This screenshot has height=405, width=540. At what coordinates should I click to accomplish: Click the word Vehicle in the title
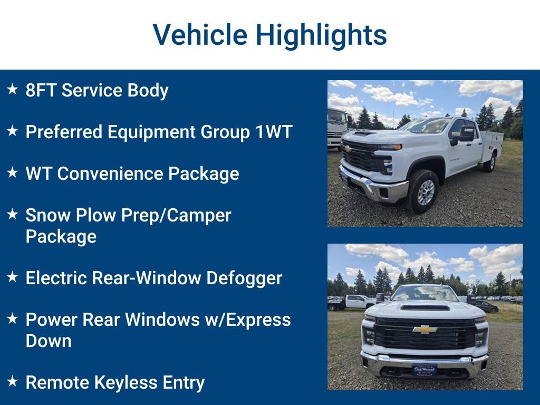200,35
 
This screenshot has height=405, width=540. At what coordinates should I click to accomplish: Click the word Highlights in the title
321,35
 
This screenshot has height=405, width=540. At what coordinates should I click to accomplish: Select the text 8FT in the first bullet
41,90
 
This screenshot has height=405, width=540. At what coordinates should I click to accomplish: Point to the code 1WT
274,132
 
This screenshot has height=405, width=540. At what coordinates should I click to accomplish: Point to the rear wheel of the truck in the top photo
490,162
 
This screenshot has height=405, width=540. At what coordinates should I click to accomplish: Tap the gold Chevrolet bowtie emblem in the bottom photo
425,330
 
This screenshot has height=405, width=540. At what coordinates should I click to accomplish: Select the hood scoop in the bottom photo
425,306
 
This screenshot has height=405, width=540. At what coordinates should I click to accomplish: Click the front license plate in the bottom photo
425,370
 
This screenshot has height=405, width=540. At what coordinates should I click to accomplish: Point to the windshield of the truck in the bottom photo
425,293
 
